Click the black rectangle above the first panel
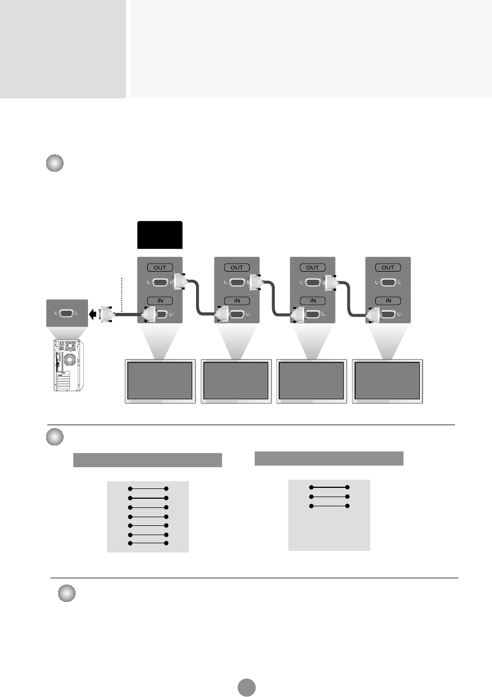(x=160, y=235)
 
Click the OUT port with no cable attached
(x=388, y=282)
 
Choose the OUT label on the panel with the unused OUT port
(x=388, y=267)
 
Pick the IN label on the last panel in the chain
(x=388, y=300)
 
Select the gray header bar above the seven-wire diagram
(x=148, y=460)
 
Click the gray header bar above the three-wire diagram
(x=329, y=458)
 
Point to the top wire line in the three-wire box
(x=329, y=487)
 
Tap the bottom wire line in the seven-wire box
(x=148, y=543)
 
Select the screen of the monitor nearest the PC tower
(x=160, y=380)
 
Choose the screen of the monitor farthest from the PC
(x=387, y=380)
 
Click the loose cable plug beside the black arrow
(x=106, y=314)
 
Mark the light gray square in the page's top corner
(x=63, y=49)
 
